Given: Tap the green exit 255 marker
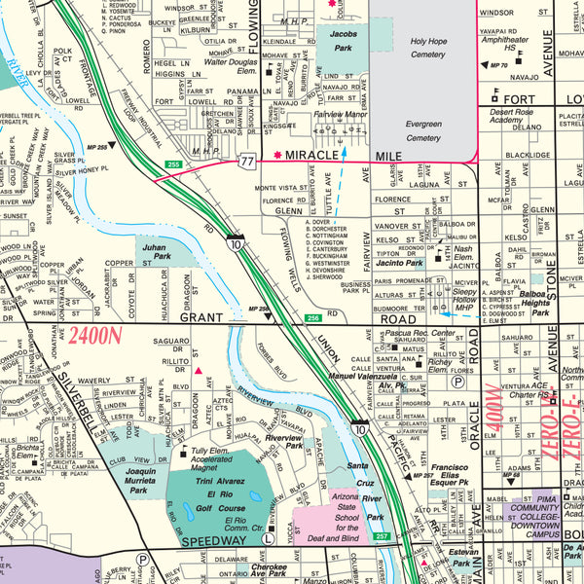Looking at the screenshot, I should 173,164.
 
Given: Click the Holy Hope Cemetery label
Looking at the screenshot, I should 427,49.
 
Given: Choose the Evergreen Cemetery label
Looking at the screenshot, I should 422,131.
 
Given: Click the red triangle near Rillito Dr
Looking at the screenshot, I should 198,371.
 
